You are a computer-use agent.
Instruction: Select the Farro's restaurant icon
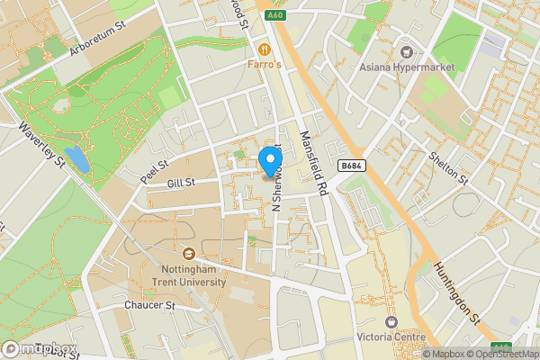click(x=265, y=49)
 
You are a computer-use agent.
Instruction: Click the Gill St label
click(x=181, y=184)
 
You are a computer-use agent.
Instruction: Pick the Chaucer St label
click(x=149, y=306)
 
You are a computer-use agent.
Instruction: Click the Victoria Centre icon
click(x=391, y=322)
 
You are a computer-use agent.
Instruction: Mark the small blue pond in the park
click(x=78, y=159)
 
